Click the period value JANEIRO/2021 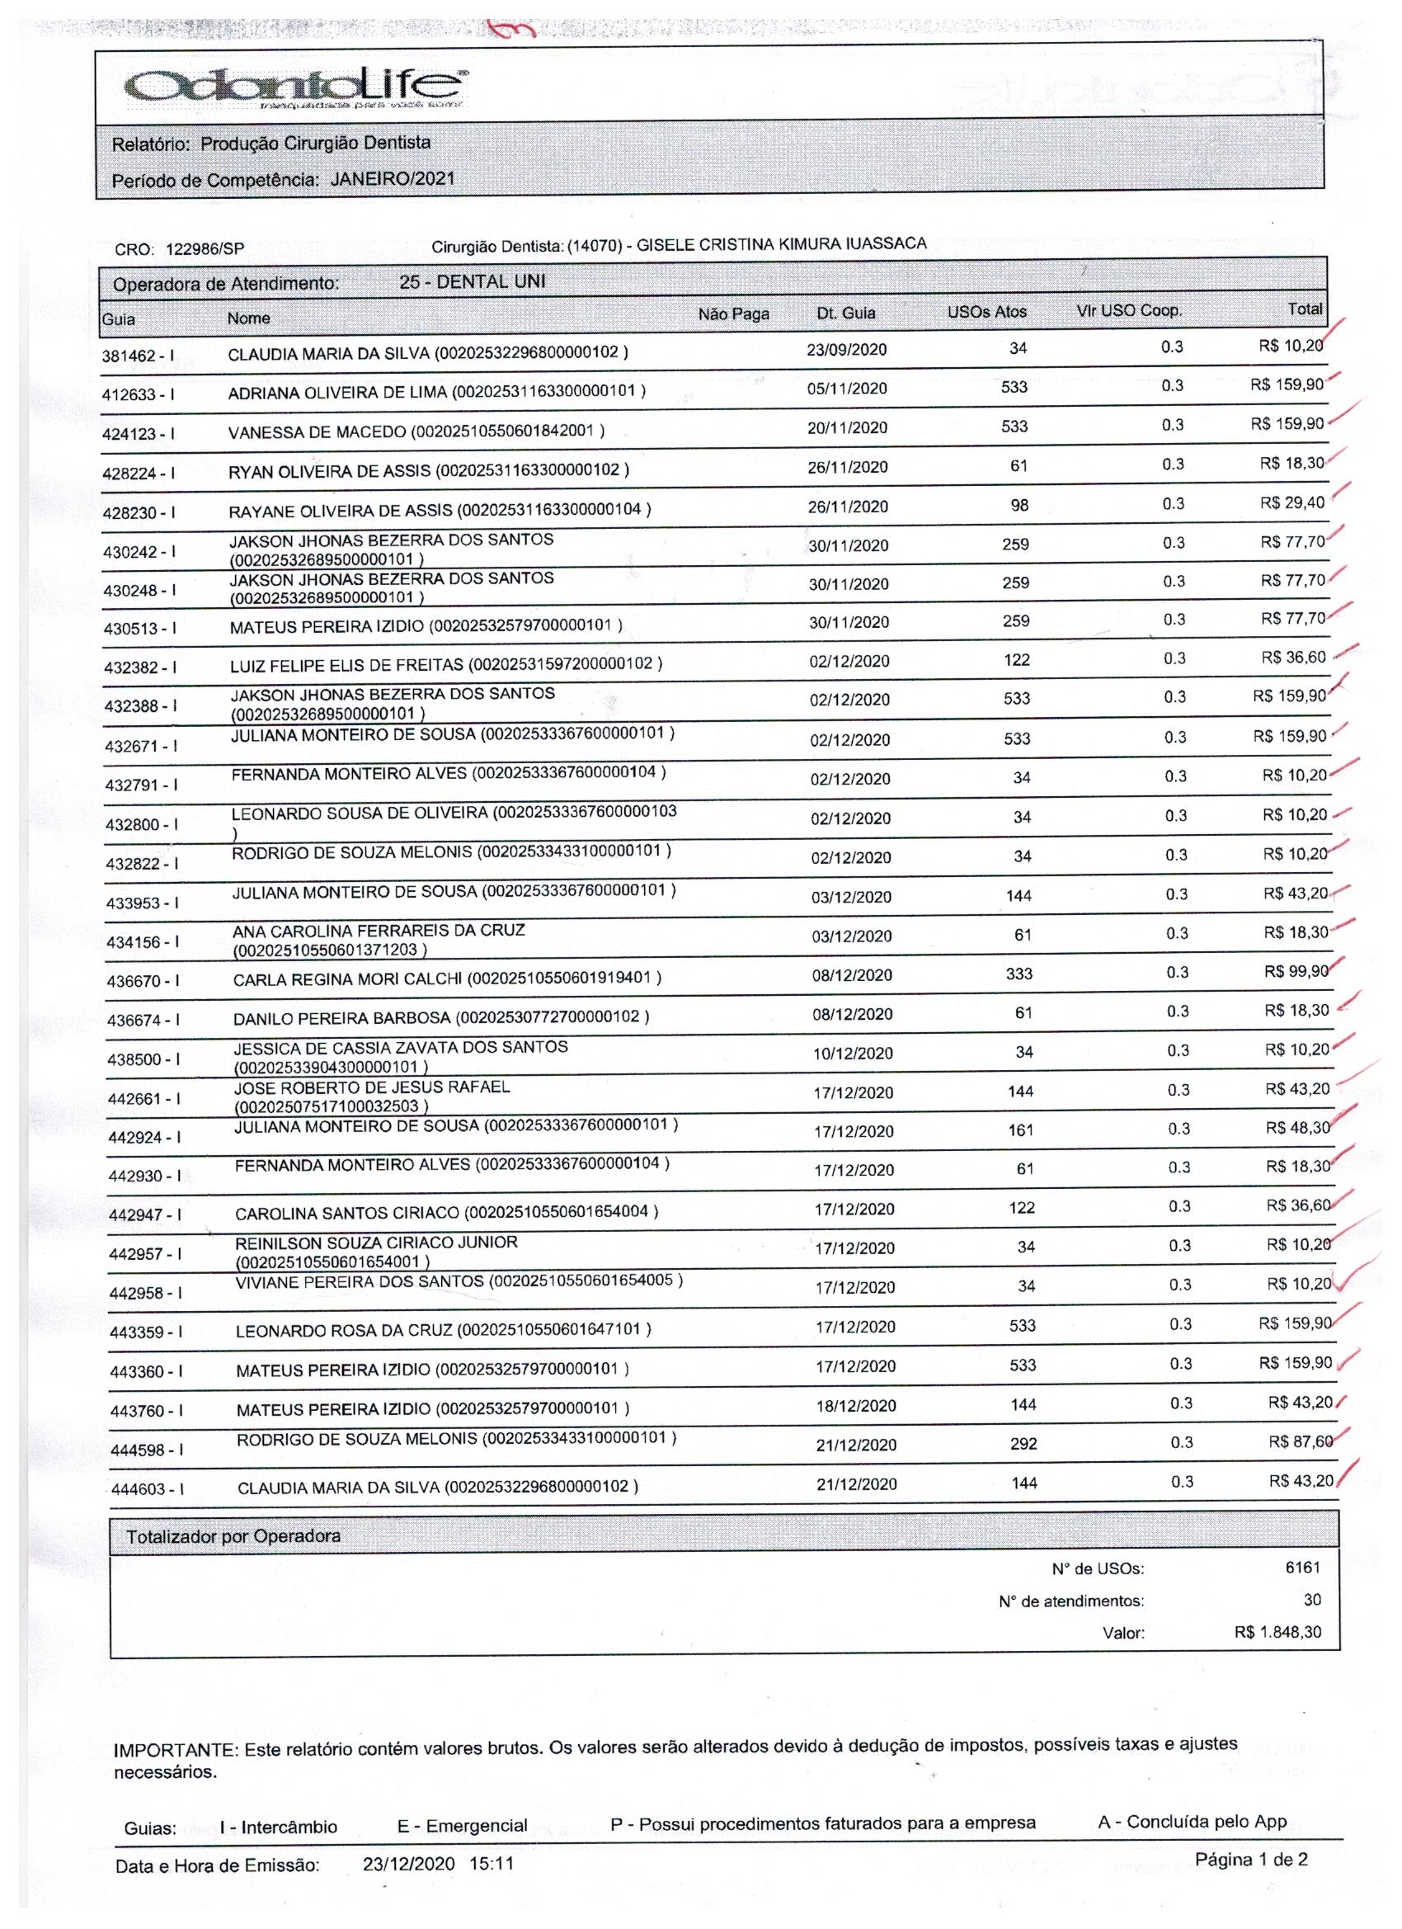[392, 178]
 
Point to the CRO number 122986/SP [205, 249]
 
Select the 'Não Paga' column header [733, 314]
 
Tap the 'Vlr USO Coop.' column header [1128, 310]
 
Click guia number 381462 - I [138, 356]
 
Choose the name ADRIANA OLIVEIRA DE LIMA [337, 393]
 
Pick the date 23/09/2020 [846, 349]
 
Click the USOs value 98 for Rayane [1019, 505]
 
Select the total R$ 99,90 [1296, 971]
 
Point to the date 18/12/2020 [855, 1405]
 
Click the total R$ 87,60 [1300, 1441]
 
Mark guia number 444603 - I [146, 1489]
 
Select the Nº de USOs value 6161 [1302, 1567]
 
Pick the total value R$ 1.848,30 [1277, 1632]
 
